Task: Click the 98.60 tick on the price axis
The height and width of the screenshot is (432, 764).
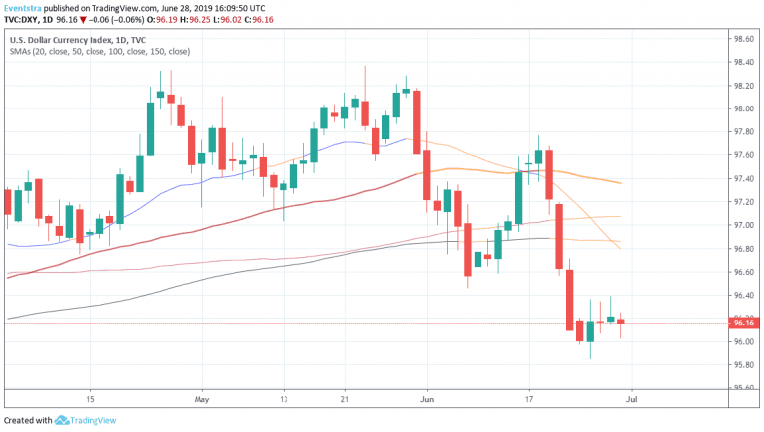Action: click(x=743, y=39)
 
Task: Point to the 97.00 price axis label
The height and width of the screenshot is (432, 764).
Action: click(x=743, y=226)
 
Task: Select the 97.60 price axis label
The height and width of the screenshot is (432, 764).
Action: click(x=743, y=155)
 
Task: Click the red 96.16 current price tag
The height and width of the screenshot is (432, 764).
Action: click(x=743, y=323)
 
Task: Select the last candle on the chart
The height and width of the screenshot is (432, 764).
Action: click(x=621, y=321)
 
